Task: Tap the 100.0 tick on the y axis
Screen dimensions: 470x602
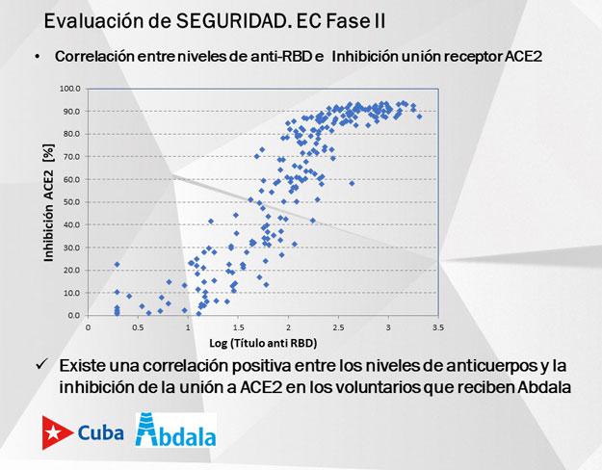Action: coord(68,89)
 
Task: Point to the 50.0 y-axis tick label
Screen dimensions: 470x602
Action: coord(70,202)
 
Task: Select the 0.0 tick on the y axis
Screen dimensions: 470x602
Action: coord(72,315)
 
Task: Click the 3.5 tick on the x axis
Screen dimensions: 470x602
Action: coord(437,327)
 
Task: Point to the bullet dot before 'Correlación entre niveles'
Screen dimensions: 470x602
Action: coord(38,57)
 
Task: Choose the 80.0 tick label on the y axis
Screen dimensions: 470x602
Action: coord(70,134)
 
